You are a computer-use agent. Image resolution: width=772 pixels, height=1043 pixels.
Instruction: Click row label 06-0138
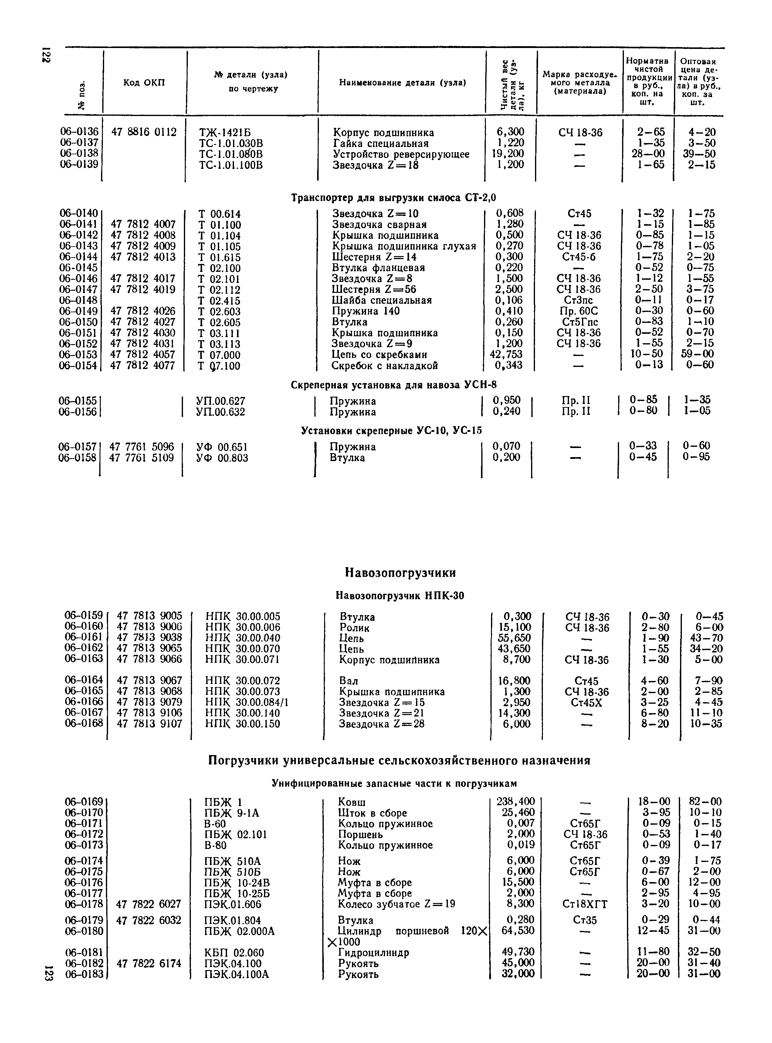[x=79, y=154]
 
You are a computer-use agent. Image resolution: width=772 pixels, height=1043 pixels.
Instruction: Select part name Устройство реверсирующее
[x=401, y=154]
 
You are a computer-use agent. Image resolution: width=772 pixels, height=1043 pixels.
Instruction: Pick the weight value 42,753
[x=506, y=354]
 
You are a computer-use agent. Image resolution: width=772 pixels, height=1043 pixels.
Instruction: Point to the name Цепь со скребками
[x=379, y=354]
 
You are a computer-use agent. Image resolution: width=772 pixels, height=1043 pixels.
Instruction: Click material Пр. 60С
[x=578, y=311]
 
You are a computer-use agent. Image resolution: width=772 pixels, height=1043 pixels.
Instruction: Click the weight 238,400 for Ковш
[x=515, y=802]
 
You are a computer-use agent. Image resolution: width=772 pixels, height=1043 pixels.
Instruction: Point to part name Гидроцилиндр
[x=373, y=952]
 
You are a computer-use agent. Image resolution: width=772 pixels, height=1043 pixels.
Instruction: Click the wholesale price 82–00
[x=705, y=802]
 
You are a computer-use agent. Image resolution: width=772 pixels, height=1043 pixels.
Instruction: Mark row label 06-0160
[x=84, y=627]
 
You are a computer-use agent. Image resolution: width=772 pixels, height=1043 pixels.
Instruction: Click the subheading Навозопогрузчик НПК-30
[x=400, y=595]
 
